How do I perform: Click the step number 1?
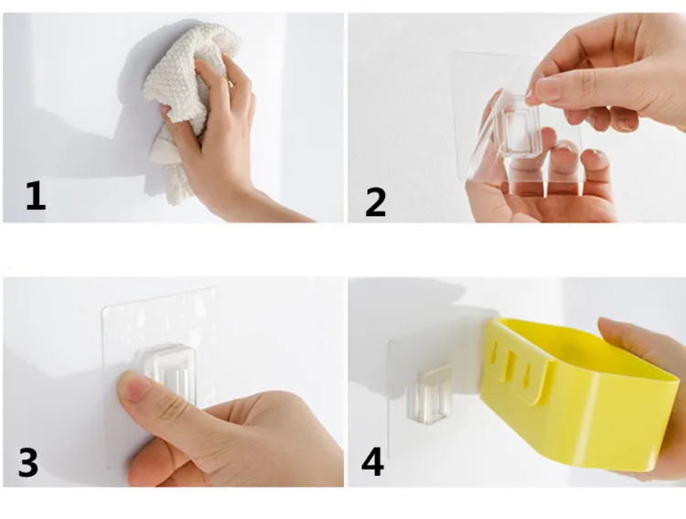35,196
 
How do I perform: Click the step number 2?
375,202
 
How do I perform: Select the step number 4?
373,461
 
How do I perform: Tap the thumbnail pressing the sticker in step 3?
133,386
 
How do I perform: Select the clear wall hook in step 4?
429,395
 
